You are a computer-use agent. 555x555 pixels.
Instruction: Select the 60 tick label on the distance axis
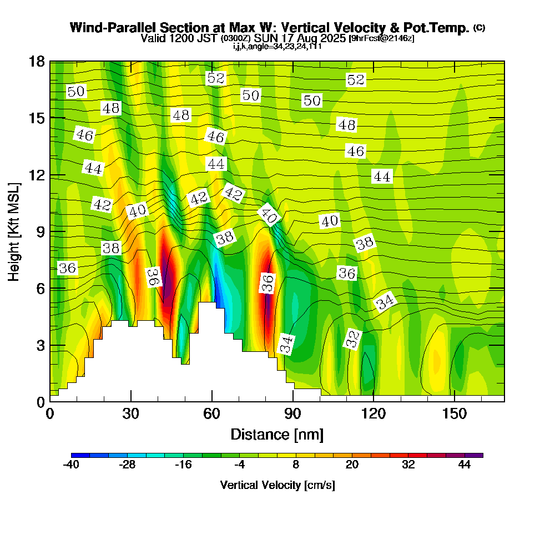click(211, 414)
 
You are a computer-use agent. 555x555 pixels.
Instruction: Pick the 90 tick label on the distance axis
click(292, 414)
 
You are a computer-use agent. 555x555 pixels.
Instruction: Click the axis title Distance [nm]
click(276, 434)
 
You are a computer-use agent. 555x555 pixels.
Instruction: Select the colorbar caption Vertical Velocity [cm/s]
click(277, 486)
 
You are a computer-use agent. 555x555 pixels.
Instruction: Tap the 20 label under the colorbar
click(352, 465)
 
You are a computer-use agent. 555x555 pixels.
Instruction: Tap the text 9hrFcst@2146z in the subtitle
click(381, 39)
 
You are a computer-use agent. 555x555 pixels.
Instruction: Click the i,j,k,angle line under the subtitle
click(277, 47)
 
